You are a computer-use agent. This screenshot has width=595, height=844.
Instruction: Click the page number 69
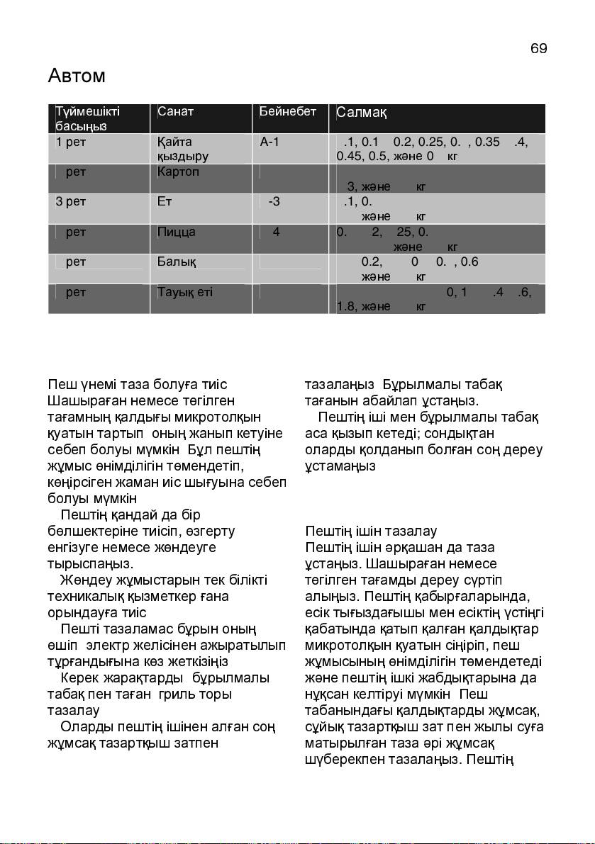tap(538, 49)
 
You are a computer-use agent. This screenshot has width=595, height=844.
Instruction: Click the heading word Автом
tap(77, 75)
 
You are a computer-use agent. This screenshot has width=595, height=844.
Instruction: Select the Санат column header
tap(175, 112)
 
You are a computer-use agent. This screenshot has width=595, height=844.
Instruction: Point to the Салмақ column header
tap(361, 113)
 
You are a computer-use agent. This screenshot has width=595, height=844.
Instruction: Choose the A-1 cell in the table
tap(270, 142)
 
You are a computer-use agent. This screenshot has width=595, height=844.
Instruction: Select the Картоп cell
tap(178, 171)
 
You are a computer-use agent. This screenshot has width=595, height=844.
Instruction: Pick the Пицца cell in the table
tap(176, 232)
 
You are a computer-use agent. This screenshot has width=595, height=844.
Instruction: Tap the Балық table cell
tap(176, 261)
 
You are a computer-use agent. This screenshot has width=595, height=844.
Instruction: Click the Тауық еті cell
tap(184, 292)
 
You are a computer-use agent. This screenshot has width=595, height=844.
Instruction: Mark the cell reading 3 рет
tap(71, 201)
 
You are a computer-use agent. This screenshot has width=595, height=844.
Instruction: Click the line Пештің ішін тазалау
tap(371, 531)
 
